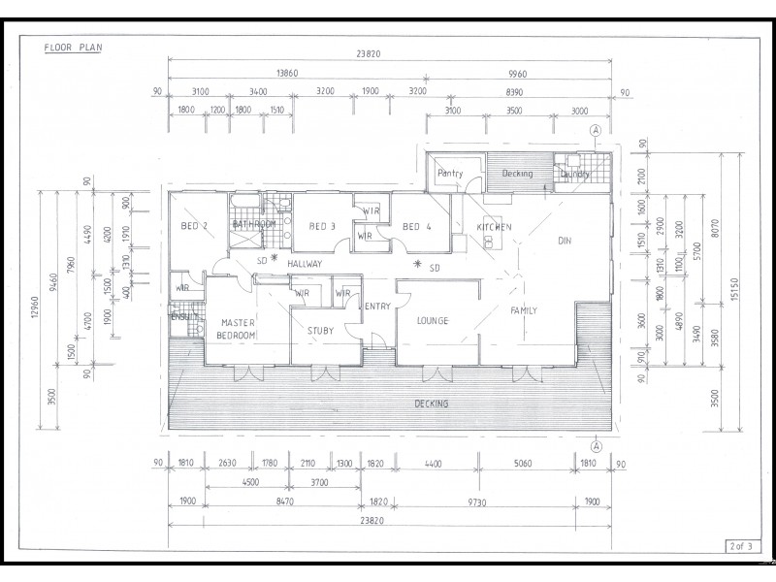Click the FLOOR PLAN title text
point(73,46)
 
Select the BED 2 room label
point(195,226)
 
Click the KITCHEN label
point(493,227)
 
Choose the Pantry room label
point(451,174)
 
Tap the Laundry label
point(574,175)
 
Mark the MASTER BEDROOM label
point(238,328)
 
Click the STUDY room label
point(320,331)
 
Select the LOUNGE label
point(432,320)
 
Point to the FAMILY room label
point(525,310)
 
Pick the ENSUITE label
point(182,315)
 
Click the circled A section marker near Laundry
point(596,130)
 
